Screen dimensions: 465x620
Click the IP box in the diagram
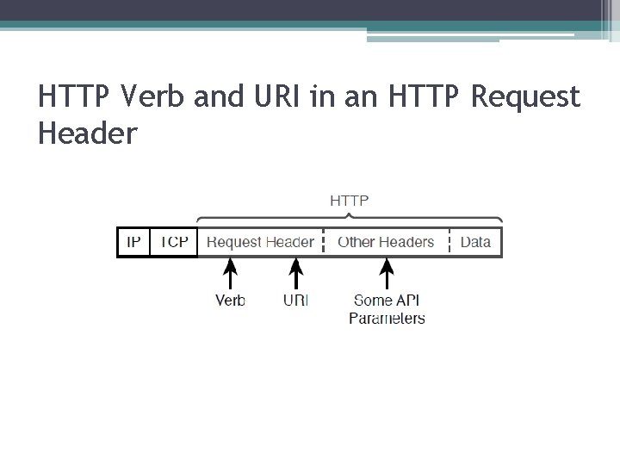pos(133,242)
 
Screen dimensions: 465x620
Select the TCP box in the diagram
pos(175,242)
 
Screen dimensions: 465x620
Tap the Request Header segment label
pos(261,242)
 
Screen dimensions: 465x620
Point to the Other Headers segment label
pos(387,242)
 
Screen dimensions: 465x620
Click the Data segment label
pos(475,242)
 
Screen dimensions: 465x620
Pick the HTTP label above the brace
pos(350,201)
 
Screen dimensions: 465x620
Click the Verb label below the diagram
pos(230,301)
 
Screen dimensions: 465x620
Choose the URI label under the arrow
pos(295,301)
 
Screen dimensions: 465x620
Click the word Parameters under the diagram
pos(387,319)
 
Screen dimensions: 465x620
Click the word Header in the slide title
pos(88,133)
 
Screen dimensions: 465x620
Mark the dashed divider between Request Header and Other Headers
pos(323,242)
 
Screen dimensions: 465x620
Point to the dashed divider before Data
pos(449,242)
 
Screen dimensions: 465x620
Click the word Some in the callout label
pos(372,301)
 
